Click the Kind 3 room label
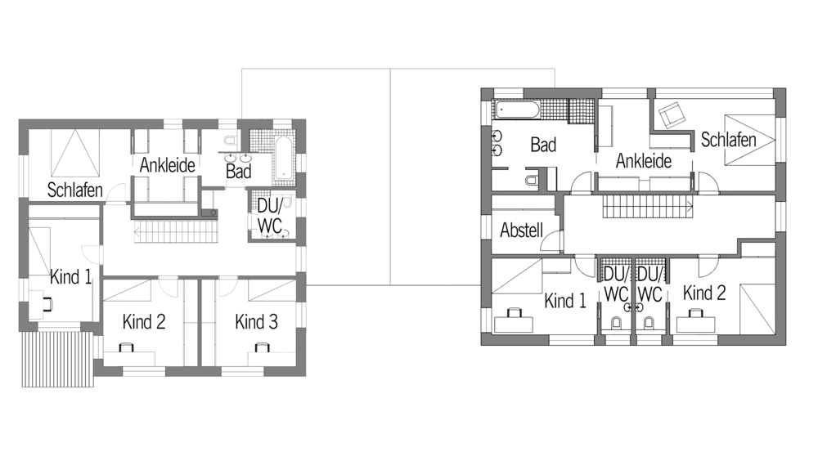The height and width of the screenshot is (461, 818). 256,322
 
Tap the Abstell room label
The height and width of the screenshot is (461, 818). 522,230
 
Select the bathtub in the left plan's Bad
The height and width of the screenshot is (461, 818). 285,159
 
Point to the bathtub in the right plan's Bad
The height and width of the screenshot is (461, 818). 518,110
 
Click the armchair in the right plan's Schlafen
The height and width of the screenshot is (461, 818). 672,114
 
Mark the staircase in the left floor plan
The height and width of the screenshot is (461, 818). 176,231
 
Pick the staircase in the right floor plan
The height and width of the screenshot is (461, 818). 648,206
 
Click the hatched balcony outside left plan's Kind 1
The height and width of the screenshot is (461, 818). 58,359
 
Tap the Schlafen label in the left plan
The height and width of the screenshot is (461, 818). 74,190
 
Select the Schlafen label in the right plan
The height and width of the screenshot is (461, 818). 728,140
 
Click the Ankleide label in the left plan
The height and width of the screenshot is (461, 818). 168,165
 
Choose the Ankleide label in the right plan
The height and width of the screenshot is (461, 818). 644,161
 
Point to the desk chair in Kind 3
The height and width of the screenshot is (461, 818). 262,347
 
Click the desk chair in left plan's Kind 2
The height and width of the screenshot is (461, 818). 126,347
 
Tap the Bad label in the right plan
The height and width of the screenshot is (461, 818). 543,145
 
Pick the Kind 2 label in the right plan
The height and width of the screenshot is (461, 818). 704,293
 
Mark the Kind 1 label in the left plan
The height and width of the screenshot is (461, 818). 71,277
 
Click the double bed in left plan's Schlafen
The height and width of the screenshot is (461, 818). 75,153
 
